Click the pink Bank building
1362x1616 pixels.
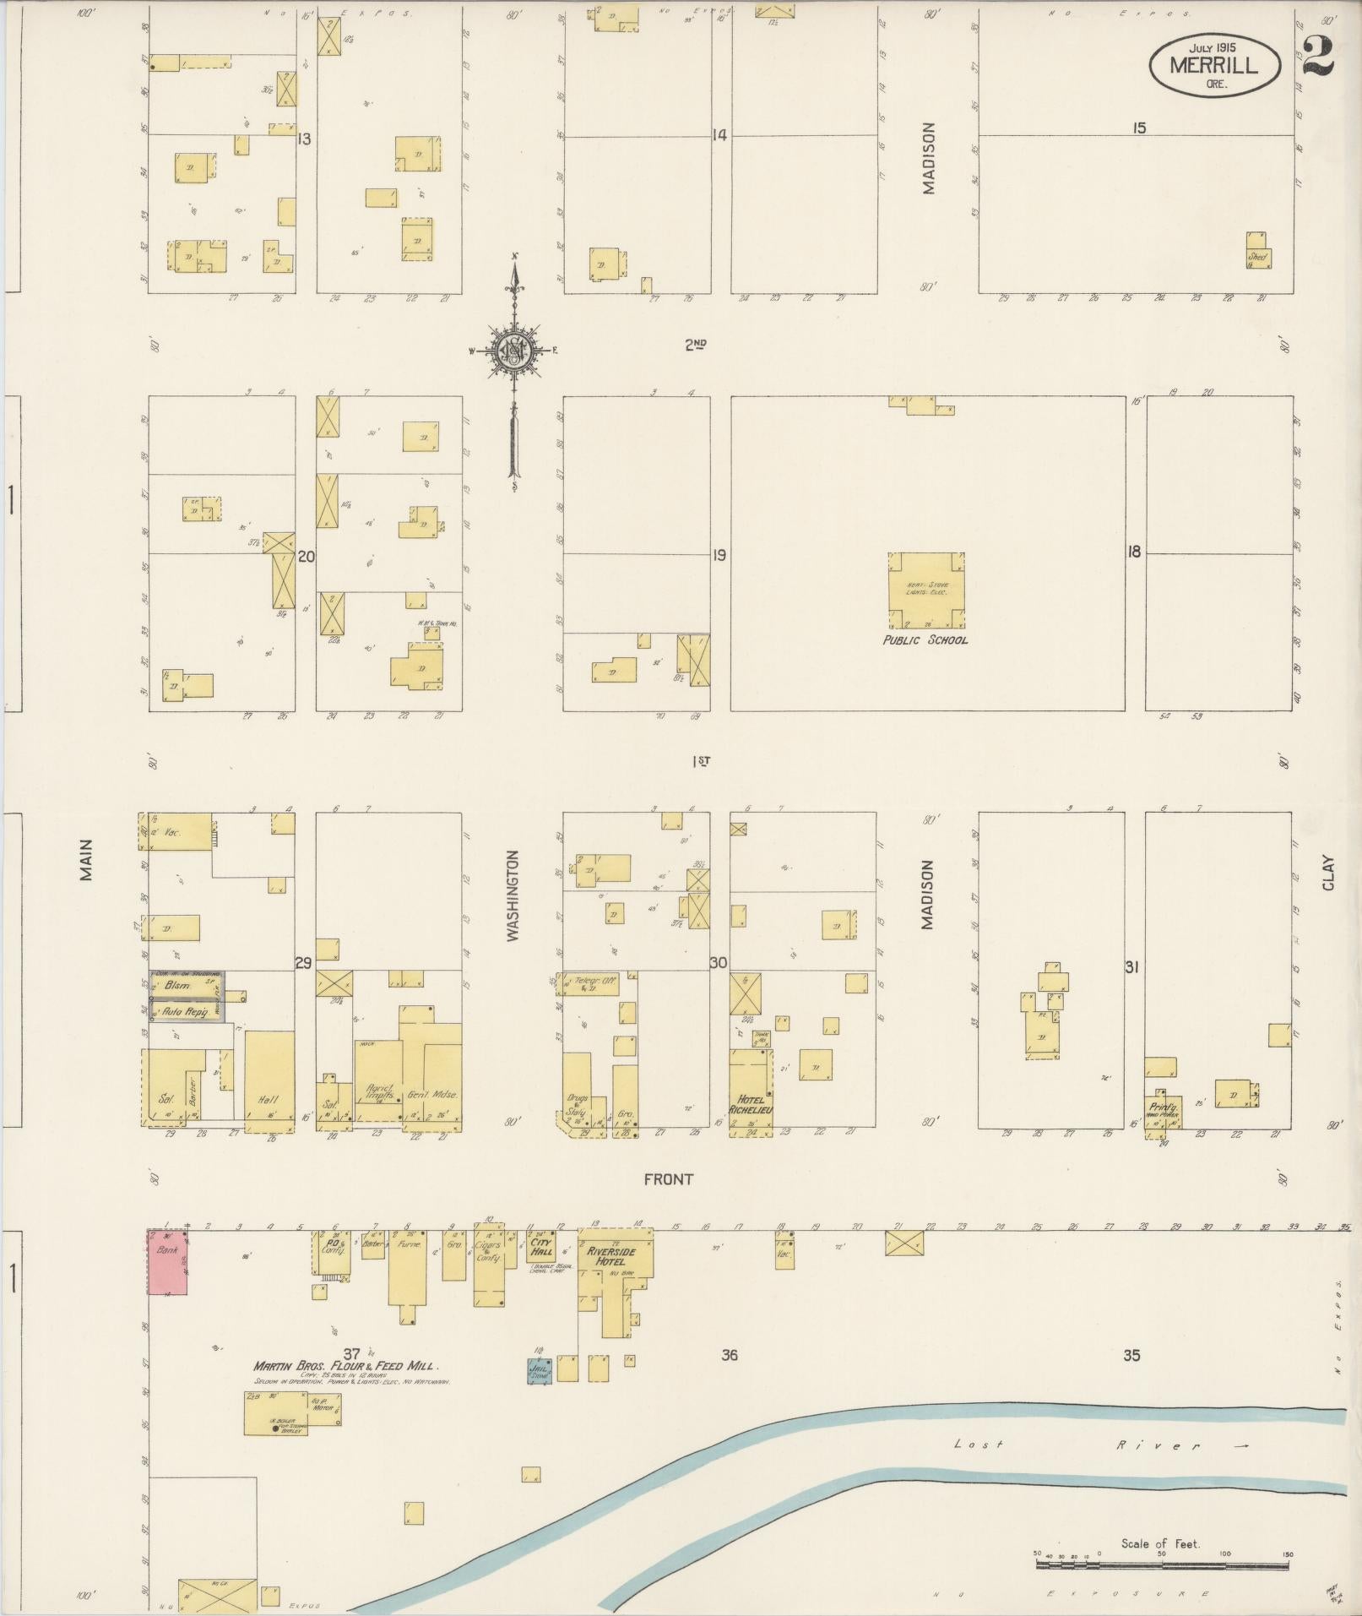(x=168, y=1262)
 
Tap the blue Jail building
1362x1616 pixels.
(x=540, y=1370)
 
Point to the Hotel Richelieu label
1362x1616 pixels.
(x=751, y=1104)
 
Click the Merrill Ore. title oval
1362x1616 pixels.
(x=1213, y=65)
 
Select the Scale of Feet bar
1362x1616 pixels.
(x=1162, y=1564)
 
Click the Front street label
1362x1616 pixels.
(x=668, y=1179)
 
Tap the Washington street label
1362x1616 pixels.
(x=513, y=895)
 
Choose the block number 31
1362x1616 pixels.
(x=1131, y=967)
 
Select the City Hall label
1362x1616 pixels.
(x=541, y=1247)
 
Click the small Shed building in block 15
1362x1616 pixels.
(x=1258, y=257)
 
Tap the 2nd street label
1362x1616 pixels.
(x=695, y=344)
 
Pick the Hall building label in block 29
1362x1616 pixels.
(x=269, y=1101)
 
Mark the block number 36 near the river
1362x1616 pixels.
(x=730, y=1355)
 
